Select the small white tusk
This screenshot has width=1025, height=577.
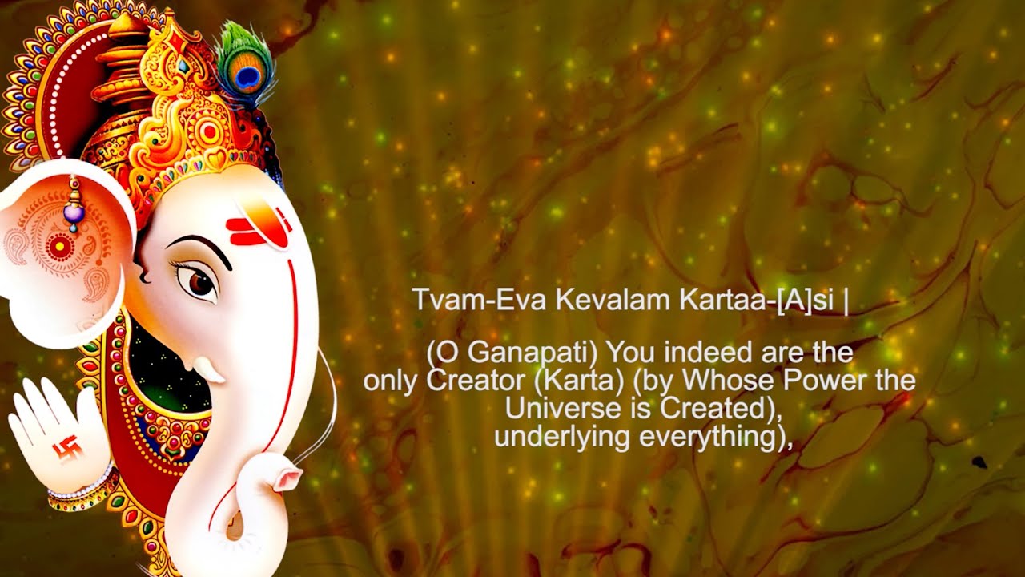tap(209, 369)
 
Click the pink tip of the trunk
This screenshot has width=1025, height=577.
tap(287, 478)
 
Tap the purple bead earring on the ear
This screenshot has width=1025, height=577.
tap(74, 213)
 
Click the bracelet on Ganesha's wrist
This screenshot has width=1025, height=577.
tap(80, 493)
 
